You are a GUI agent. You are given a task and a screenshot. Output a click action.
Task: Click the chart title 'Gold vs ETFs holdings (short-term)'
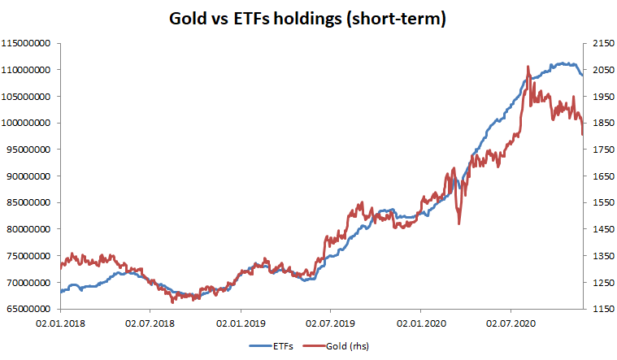(307, 18)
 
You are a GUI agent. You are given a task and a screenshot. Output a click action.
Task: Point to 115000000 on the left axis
(28, 43)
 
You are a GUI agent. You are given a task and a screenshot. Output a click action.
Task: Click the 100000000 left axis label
(28, 123)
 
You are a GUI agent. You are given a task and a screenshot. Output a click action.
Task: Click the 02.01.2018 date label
(61, 323)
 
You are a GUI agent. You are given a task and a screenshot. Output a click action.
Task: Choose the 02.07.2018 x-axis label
(150, 323)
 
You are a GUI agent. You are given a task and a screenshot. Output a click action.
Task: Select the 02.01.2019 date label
(241, 323)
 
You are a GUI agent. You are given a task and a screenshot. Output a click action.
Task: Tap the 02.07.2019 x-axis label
(330, 323)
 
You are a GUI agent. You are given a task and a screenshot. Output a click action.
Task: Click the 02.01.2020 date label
(420, 323)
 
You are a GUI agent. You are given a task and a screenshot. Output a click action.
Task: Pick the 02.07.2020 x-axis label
(510, 323)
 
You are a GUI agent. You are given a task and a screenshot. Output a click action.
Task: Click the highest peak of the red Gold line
(528, 67)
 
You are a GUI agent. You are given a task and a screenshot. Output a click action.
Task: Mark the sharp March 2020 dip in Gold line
(458, 223)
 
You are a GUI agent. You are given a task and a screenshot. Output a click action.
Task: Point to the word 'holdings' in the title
(306, 18)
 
